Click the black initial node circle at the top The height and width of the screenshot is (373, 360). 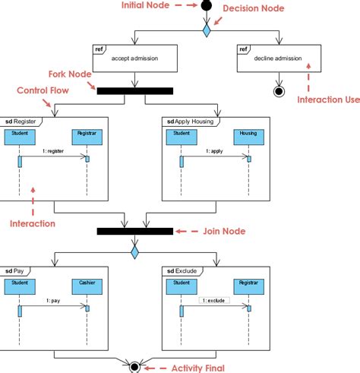pos(205,6)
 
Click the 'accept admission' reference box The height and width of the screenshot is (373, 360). pos(134,58)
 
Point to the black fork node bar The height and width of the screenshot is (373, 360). pos(134,90)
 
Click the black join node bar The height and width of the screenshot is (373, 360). pos(134,231)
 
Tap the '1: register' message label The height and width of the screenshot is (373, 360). pos(53,151)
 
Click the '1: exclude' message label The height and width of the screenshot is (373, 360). pos(215,301)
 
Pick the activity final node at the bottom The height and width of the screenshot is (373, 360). pos(134,366)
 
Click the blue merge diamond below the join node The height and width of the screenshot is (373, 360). pos(134,250)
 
